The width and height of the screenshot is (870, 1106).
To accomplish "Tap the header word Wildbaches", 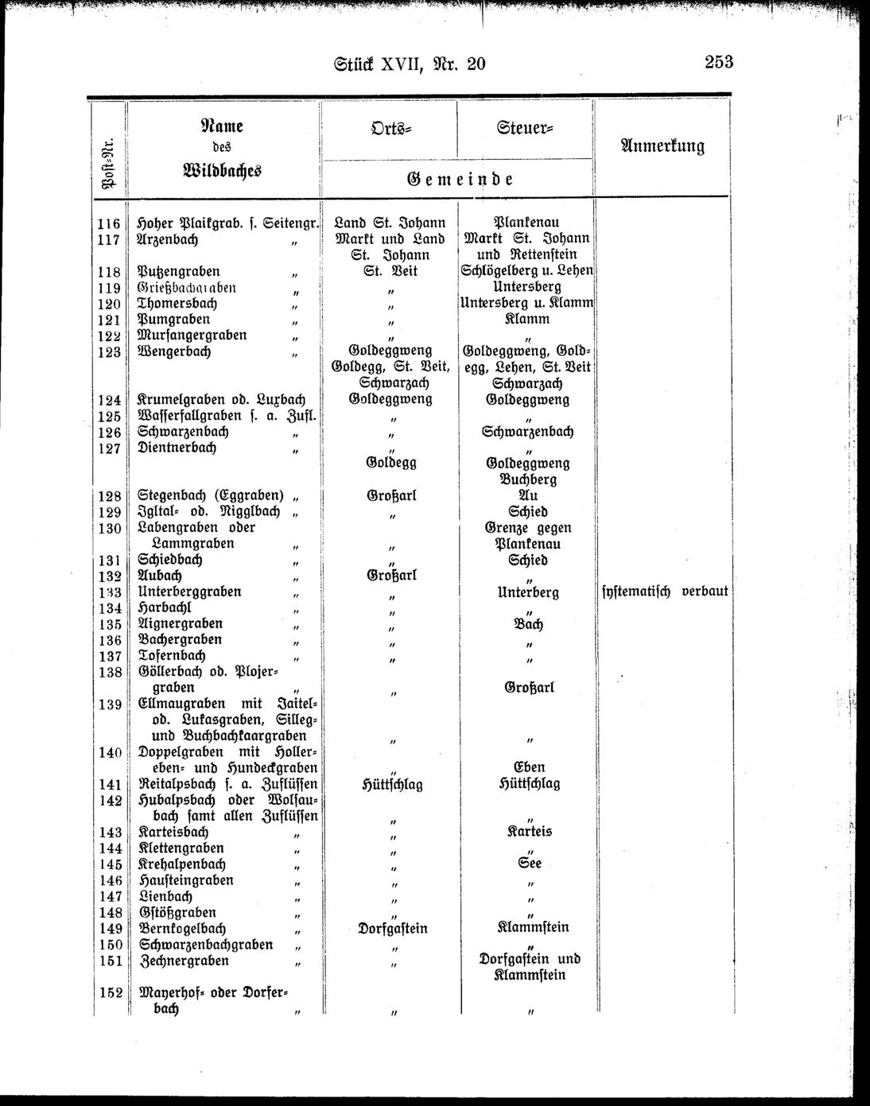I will tap(222, 170).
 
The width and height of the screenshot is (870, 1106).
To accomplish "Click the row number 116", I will tap(109, 224).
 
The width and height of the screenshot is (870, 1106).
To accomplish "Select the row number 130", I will tap(109, 528).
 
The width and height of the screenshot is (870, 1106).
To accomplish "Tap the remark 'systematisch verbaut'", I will tap(662, 592).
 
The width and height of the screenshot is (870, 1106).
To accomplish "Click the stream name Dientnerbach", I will tap(177, 448).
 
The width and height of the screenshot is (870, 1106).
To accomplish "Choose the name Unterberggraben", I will tap(189, 592).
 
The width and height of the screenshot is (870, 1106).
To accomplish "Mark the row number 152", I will tap(109, 992).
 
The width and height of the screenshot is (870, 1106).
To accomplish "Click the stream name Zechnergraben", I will tap(184, 960).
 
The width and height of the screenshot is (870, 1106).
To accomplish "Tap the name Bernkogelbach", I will tap(182, 928).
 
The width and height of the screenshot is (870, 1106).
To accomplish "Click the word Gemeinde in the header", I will tap(456, 179).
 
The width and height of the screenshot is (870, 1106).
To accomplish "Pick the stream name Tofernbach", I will tap(172, 656).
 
